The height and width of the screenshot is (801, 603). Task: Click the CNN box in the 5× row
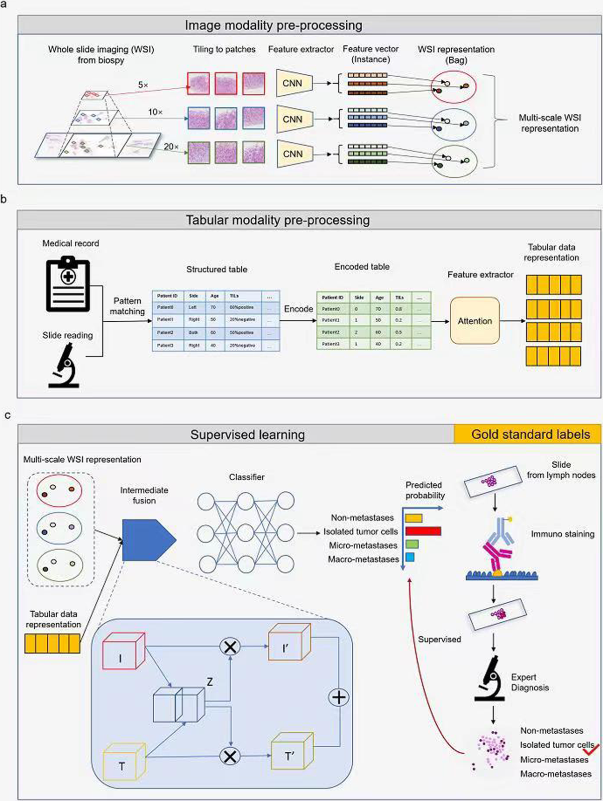[294, 83]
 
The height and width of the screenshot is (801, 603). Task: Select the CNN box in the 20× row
[294, 154]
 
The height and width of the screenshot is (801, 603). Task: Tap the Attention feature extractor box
[475, 321]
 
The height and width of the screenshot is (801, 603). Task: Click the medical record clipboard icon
[68, 285]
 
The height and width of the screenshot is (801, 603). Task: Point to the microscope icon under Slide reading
[64, 365]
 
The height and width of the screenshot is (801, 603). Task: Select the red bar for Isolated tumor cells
[423, 531]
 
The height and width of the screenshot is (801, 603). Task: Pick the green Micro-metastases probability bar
[412, 545]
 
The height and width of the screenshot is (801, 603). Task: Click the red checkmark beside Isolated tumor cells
[591, 749]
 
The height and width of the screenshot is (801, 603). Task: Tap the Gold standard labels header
[530, 435]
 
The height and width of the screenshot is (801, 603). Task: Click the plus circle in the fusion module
[339, 698]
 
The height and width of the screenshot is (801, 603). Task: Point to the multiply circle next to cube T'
[230, 756]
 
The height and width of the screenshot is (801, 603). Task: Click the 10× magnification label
[155, 112]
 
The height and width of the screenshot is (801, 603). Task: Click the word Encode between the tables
[298, 309]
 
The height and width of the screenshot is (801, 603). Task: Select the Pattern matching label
[127, 306]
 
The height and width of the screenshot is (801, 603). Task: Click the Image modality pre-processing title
[273, 25]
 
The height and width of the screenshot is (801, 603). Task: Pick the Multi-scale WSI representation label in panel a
[550, 123]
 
